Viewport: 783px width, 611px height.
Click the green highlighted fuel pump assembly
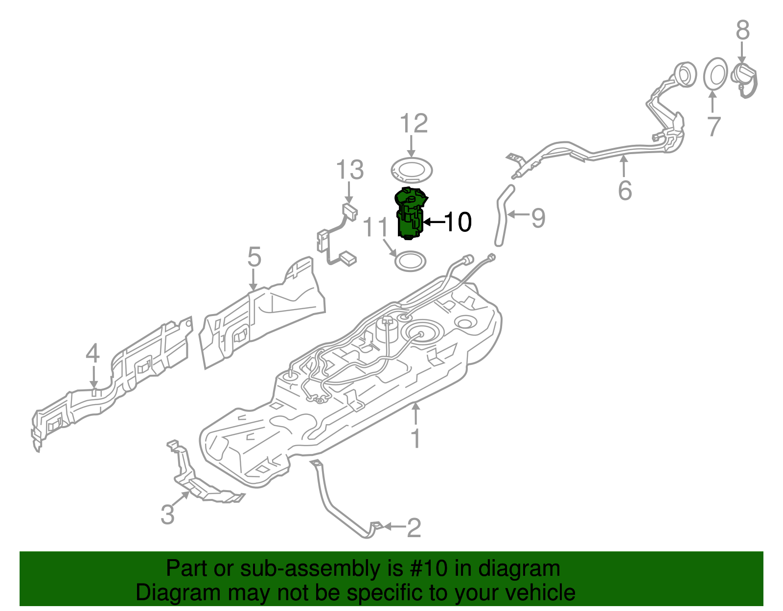(409, 215)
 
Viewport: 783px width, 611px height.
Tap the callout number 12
(414, 124)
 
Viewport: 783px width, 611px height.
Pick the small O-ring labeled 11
(410, 261)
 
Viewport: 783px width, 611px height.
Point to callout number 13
(350, 170)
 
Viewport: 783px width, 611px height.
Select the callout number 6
(625, 190)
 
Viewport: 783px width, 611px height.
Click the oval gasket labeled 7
(715, 74)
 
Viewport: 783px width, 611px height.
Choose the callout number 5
(254, 257)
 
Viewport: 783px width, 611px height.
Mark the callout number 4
(92, 354)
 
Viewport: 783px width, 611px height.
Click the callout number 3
(167, 515)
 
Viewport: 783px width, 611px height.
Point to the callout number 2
(414, 527)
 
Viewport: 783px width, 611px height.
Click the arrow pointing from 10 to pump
(433, 222)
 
